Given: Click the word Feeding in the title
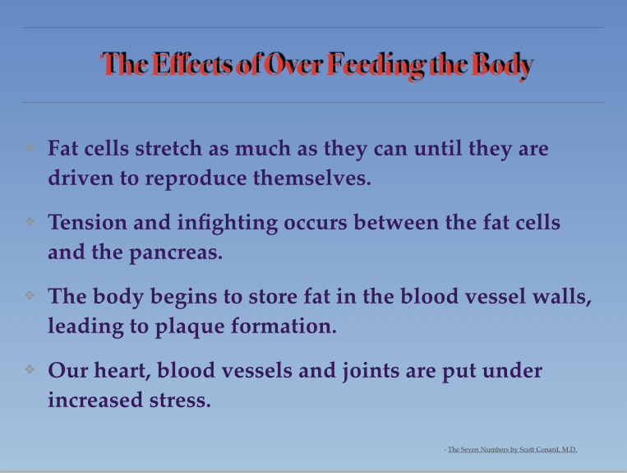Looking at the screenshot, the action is (x=376, y=65).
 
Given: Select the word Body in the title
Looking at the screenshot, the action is (x=502, y=66).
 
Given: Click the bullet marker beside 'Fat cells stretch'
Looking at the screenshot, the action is (x=30, y=147).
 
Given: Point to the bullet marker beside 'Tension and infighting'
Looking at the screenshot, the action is (x=30, y=221).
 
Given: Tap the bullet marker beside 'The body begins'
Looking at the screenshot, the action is (x=30, y=295).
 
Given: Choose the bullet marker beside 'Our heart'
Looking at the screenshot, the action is (x=30, y=369).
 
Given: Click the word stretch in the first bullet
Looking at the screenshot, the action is (x=168, y=148).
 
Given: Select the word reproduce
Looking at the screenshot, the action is (x=196, y=179).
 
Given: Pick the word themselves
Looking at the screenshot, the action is (x=312, y=178).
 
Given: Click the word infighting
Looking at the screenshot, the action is (x=227, y=224).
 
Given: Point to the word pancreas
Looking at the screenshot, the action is (x=176, y=253).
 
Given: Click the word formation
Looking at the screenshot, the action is (x=284, y=326).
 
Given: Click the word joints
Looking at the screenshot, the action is (x=371, y=372).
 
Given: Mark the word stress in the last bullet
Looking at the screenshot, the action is (x=180, y=401).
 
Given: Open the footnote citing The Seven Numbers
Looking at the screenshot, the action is (x=510, y=449).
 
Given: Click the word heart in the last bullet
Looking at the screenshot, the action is (x=122, y=371).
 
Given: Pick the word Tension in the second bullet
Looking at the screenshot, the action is (x=87, y=222).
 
